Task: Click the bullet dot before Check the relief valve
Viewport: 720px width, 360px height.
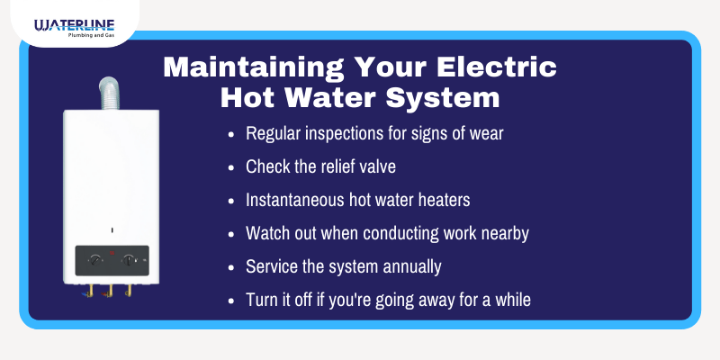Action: tap(232, 167)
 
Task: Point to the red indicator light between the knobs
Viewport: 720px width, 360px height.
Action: tap(112, 253)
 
